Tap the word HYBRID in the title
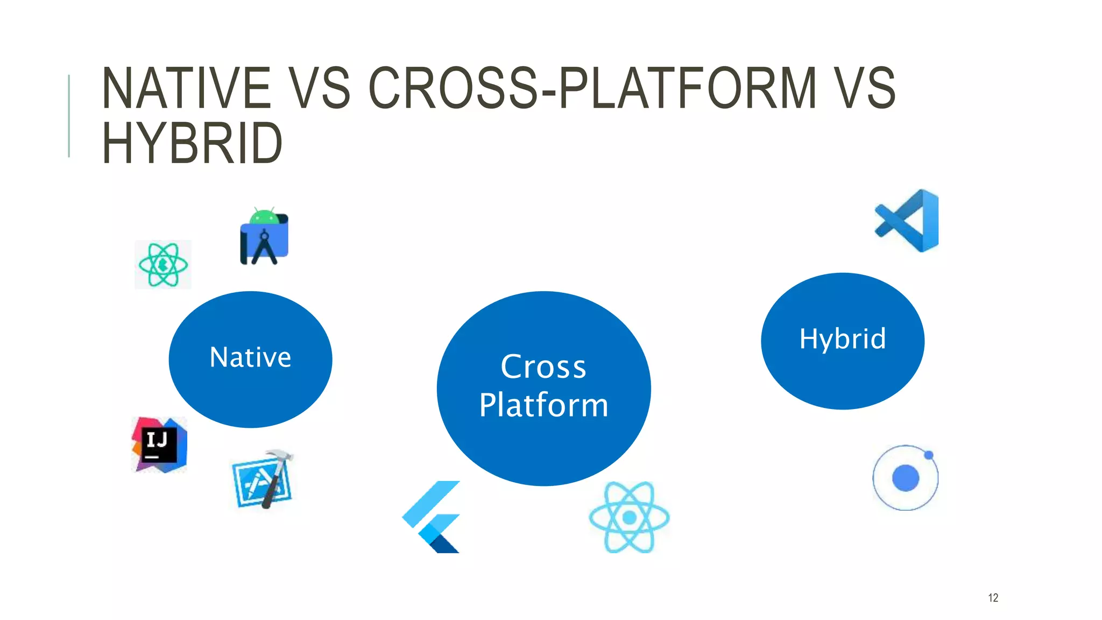click(192, 143)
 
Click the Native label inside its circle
click(250, 357)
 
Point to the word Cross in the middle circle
click(543, 367)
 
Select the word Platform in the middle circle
click(543, 405)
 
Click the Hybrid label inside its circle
click(843, 339)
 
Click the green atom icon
click(163, 265)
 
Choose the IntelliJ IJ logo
click(159, 445)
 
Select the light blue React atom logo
click(629, 517)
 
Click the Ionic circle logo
click(905, 477)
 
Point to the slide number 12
click(993, 598)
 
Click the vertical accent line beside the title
click(69, 116)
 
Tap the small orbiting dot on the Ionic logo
click(929, 455)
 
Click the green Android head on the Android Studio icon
click(264, 216)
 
